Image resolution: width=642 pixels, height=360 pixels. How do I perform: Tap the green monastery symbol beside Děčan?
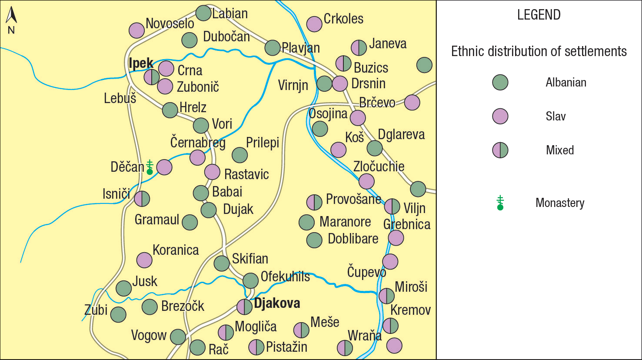pyautogui.click(x=150, y=167)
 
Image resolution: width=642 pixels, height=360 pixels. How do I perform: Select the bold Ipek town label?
pyautogui.click(x=141, y=63)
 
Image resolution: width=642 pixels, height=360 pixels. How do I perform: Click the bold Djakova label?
pyautogui.click(x=277, y=303)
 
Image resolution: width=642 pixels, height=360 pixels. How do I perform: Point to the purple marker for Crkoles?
pyautogui.click(x=314, y=24)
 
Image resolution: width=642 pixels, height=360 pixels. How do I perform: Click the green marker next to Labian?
pyautogui.click(x=203, y=13)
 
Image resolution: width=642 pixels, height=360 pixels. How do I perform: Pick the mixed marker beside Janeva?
pyautogui.click(x=359, y=48)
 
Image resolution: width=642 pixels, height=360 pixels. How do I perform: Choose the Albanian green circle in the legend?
pyautogui.click(x=500, y=82)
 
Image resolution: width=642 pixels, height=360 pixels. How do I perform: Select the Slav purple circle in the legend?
pyautogui.click(x=500, y=116)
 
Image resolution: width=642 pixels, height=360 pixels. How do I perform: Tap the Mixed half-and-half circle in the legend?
pyautogui.click(x=500, y=150)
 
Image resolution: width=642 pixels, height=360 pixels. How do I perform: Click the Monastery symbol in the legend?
pyautogui.click(x=500, y=203)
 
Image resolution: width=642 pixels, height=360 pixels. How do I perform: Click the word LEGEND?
pyautogui.click(x=539, y=15)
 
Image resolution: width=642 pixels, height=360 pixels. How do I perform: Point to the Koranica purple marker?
pyautogui.click(x=144, y=260)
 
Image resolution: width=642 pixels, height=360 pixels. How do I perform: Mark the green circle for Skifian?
pyautogui.click(x=222, y=263)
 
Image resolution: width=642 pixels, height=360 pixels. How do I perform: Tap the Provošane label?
pyautogui.click(x=353, y=199)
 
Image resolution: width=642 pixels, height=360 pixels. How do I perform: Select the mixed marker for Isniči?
pyautogui.click(x=142, y=199)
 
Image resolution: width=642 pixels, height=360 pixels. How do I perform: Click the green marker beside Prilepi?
pyautogui.click(x=240, y=155)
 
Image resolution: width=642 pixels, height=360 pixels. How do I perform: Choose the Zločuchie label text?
pyautogui.click(x=379, y=167)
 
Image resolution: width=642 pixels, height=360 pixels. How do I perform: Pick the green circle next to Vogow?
pyautogui.click(x=178, y=337)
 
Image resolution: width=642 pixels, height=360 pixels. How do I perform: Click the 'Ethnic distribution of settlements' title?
pyautogui.click(x=539, y=51)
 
